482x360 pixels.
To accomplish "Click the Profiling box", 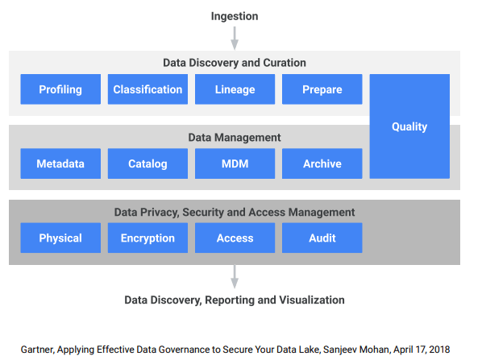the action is [x=60, y=89].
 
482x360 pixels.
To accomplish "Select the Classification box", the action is [x=148, y=89].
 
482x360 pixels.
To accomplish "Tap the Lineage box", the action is [x=235, y=89].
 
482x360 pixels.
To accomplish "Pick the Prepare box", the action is [x=322, y=89].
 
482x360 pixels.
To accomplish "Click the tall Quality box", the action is [x=409, y=126].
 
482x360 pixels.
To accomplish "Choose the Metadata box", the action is [x=60, y=163].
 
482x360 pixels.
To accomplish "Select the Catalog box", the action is [x=148, y=163].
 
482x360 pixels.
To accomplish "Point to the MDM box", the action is [x=235, y=163].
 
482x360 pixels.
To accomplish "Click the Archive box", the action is [x=322, y=163].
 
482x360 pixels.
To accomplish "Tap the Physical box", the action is [x=60, y=238].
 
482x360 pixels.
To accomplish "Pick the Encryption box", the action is [x=148, y=238].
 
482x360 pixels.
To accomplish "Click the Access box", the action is [x=235, y=238].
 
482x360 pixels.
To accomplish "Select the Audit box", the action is [x=322, y=238].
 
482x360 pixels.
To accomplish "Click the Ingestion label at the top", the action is [x=235, y=16].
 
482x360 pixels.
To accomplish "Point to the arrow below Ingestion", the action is [x=235, y=38].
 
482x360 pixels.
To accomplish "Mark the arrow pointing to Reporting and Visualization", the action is [x=235, y=277].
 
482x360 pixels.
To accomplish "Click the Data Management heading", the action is [x=235, y=137].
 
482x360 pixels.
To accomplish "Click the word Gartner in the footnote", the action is [x=38, y=350].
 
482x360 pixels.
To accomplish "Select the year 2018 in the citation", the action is [x=439, y=350].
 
